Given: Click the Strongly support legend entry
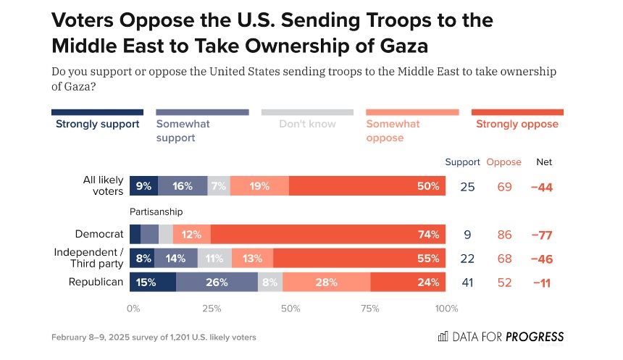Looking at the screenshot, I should (x=97, y=124).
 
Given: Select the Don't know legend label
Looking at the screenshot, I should (x=307, y=124).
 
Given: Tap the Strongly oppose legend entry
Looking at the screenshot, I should (x=517, y=124).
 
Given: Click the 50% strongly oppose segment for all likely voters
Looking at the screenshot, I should (x=367, y=186).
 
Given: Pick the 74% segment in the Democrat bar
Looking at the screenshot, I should (x=328, y=234).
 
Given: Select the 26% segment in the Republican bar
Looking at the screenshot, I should (x=217, y=282).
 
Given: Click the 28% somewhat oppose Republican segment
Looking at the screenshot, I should (x=326, y=282).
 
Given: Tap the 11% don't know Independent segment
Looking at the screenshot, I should (x=214, y=258).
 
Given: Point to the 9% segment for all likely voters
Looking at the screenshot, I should (x=143, y=186).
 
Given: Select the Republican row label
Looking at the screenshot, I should (x=96, y=282).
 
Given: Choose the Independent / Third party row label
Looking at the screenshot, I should (x=88, y=258).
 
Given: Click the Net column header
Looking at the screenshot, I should (x=544, y=162).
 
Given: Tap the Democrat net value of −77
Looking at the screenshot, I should (x=544, y=235).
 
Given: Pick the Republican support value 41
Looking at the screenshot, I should (x=467, y=282).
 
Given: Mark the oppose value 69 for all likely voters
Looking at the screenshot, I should (x=505, y=187).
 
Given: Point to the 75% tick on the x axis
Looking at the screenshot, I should (x=369, y=309).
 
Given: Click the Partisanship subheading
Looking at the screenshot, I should (x=156, y=212).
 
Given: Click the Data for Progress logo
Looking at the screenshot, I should (x=501, y=337).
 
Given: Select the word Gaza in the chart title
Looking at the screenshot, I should (x=397, y=46).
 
